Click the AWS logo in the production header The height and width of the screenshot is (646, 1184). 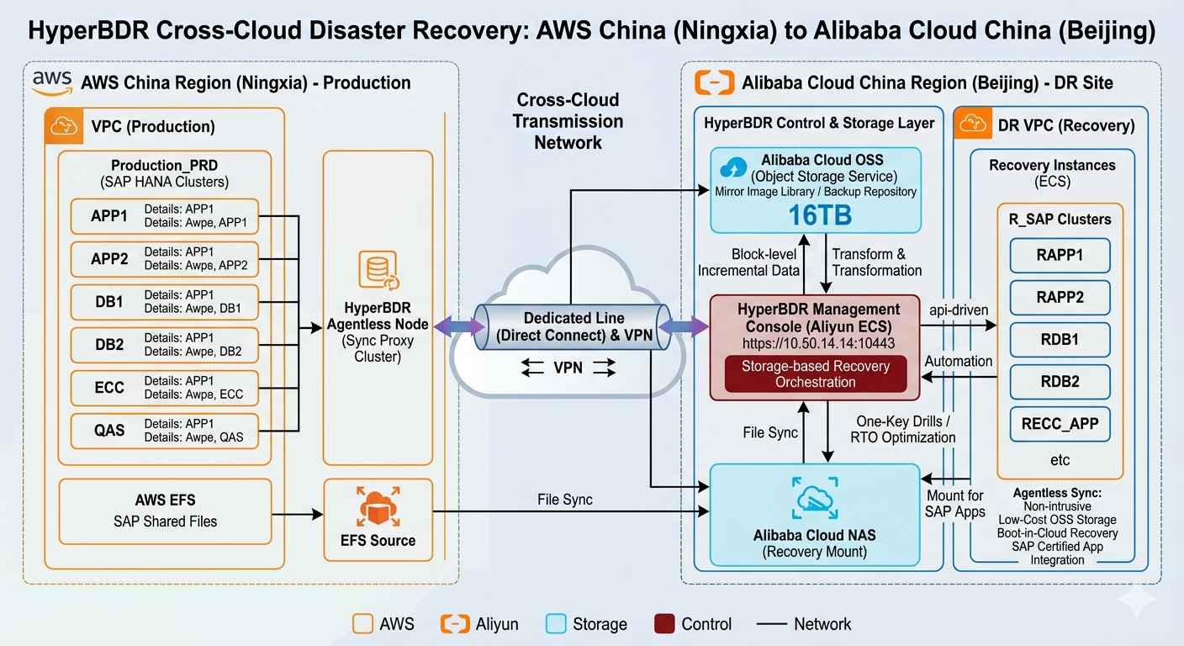[x=53, y=81]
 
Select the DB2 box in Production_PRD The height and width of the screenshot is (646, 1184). [x=109, y=344]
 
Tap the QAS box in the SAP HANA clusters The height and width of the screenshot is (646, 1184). [x=109, y=430]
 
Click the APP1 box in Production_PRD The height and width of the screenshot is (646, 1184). [x=109, y=216]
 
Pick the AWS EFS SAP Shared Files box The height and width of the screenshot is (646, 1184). [x=165, y=511]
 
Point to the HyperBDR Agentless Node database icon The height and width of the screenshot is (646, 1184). [x=377, y=270]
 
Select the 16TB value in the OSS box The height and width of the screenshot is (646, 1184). [x=820, y=215]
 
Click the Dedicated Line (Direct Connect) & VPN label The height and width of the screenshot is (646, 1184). [x=573, y=327]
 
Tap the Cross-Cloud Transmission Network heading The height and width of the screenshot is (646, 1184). [x=568, y=121]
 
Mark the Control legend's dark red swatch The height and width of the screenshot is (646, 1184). [x=664, y=624]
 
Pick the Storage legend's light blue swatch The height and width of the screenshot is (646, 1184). [x=555, y=624]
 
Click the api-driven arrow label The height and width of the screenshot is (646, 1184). [x=958, y=310]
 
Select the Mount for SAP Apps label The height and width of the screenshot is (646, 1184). [x=955, y=504]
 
